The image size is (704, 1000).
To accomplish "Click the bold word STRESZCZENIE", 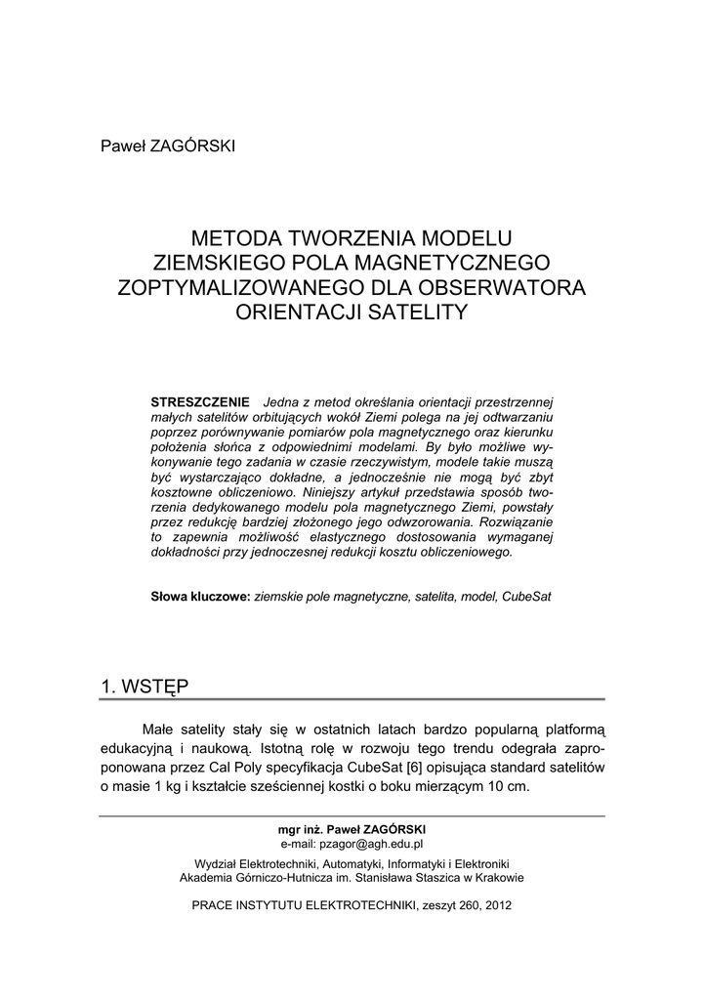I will coord(200,402).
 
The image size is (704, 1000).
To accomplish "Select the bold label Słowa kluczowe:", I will coord(200,596).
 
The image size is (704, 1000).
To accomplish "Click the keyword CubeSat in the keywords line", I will coord(526,596).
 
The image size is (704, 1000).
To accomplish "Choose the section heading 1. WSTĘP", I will coord(145,686).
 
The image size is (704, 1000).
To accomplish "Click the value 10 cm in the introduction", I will coord(509,788).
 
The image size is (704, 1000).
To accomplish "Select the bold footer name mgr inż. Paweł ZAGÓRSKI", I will coord(352,829).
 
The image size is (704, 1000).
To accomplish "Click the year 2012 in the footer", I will coord(497,905).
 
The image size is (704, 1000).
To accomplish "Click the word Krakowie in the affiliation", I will coord(498,877).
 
